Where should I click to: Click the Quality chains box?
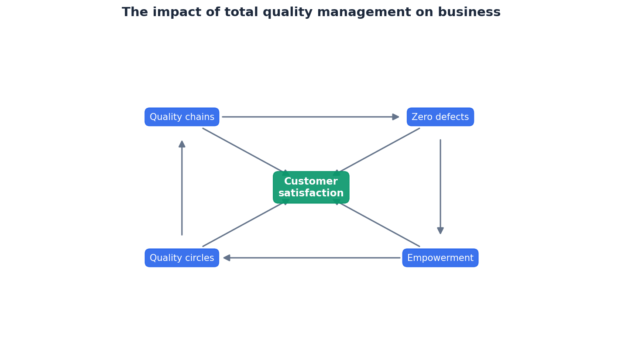(x=182, y=117)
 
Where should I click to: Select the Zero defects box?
(x=440, y=117)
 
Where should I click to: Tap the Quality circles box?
(x=182, y=258)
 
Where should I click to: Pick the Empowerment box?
(x=440, y=258)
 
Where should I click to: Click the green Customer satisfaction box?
(x=311, y=187)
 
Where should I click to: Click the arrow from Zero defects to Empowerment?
(x=440, y=187)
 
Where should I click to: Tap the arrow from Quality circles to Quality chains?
(x=182, y=188)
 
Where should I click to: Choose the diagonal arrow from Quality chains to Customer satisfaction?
(x=244, y=151)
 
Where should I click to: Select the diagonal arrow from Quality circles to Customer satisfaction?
(x=244, y=224)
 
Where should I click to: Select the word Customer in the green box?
(x=311, y=182)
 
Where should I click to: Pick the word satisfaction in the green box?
(x=311, y=193)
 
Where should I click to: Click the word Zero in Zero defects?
(x=421, y=117)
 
